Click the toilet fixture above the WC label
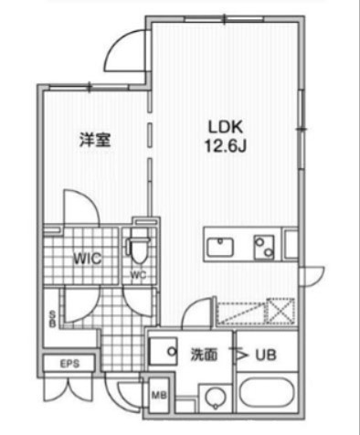tap(139, 248)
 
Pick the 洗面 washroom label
tap(203, 355)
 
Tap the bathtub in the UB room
tap(266, 398)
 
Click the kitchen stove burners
tap(265, 246)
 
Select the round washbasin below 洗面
tap(215, 398)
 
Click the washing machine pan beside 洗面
tap(166, 352)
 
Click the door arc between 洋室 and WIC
tap(79, 206)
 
